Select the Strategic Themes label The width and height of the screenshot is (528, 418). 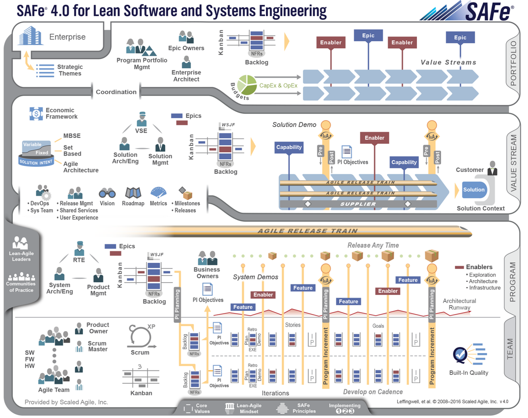[x=70, y=70]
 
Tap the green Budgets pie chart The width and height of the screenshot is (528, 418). [x=247, y=85]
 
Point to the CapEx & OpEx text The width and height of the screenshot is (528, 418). [x=278, y=86]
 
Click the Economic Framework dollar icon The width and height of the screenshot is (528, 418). [x=36, y=113]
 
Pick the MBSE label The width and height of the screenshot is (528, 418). [x=72, y=136]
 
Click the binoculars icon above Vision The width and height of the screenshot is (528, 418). [x=107, y=193]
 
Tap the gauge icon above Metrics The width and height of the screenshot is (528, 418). [x=158, y=193]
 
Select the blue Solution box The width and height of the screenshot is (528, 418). [x=474, y=190]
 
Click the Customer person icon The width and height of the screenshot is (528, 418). [x=492, y=168]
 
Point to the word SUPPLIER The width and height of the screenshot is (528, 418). [x=358, y=204]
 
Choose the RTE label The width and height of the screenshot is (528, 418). [x=79, y=260]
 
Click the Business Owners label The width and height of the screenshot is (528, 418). [x=207, y=273]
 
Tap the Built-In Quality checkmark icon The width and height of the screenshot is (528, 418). [x=460, y=355]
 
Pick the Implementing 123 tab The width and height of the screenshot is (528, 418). [x=345, y=408]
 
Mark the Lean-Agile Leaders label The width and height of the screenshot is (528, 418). [x=21, y=256]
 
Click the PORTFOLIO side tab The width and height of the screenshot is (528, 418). [x=513, y=63]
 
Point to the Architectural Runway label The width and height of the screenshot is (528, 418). [x=459, y=304]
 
